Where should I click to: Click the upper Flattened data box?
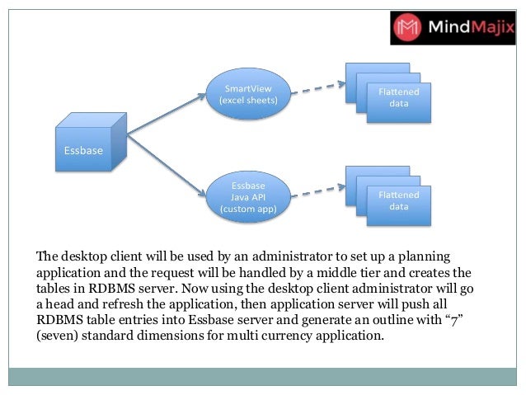(398, 99)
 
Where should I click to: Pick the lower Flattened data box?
(398, 200)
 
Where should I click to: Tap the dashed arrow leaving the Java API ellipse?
(317, 189)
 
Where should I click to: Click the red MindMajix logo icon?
(410, 28)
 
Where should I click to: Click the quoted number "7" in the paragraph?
(455, 321)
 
